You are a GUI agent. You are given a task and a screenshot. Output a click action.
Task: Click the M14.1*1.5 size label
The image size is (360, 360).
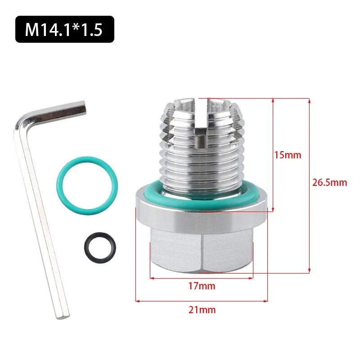(64, 29)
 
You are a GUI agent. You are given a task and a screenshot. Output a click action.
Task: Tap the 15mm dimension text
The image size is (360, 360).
(287, 155)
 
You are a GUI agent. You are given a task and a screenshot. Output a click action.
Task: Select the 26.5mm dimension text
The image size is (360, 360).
(330, 182)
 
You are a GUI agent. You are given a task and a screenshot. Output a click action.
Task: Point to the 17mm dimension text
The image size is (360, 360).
(202, 286)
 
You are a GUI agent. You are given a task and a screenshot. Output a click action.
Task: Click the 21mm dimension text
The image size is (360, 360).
(202, 310)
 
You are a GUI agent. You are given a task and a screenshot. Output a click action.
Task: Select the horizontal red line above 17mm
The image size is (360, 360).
(201, 278)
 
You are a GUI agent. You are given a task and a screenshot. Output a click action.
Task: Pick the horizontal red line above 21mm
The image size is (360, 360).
(202, 301)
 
